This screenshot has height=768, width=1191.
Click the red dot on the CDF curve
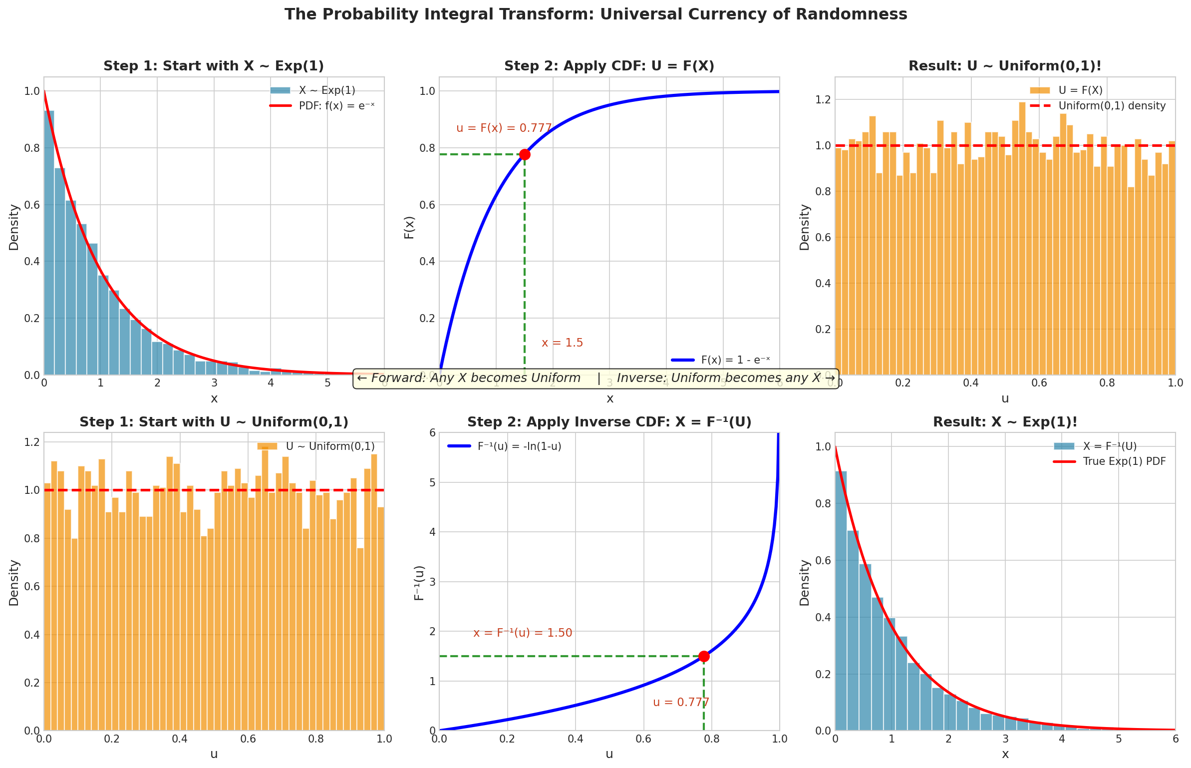[525, 154]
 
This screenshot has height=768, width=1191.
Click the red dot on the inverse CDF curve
[704, 656]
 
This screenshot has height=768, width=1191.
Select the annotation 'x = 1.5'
[562, 343]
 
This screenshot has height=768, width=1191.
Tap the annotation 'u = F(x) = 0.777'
[504, 128]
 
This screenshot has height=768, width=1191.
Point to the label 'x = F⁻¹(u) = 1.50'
[523, 633]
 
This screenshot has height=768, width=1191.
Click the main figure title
[595, 14]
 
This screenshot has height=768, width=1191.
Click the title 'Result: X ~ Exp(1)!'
[1005, 422]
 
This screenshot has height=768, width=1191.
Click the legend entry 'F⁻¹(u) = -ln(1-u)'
[519, 446]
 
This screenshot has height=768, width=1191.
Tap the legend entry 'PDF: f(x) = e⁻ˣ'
[336, 106]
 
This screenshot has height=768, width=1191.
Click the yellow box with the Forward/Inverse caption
[595, 378]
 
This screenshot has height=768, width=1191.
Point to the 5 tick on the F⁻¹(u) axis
[432, 482]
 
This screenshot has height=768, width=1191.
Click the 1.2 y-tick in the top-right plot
[823, 99]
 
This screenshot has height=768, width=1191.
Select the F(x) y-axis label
[409, 227]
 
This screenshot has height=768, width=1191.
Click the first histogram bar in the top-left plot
[49, 242]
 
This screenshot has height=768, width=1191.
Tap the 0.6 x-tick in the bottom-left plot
[248, 739]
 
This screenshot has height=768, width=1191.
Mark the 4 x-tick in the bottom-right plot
[1062, 739]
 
